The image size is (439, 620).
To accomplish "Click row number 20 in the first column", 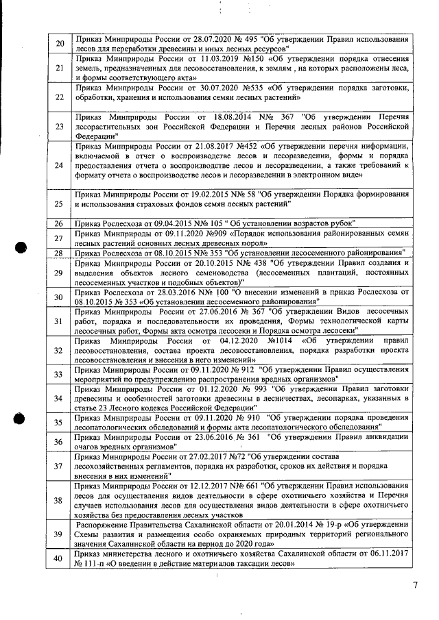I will point(60,45).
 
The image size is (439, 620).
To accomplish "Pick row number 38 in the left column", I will point(60,499).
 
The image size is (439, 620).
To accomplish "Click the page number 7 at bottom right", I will point(415,585).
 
